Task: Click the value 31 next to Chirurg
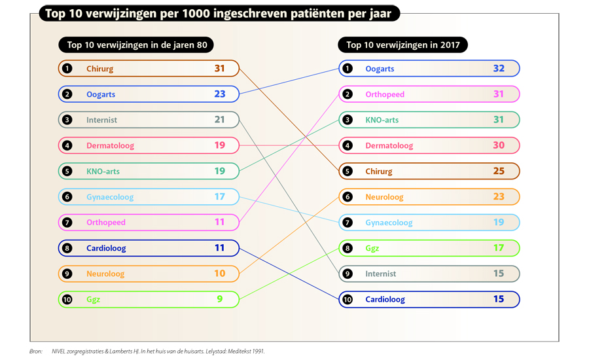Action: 219,69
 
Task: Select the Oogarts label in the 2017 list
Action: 380,69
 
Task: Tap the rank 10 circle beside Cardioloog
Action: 348,300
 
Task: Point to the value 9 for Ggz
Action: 220,300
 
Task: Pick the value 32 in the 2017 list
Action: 499,69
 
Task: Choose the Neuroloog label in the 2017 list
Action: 384,197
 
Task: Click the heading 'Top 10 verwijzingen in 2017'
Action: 402,45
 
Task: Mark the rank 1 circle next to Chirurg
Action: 67,69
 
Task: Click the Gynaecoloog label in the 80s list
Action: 110,197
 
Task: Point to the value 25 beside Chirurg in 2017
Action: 499,171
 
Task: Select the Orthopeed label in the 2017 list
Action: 385,94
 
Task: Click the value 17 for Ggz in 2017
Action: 499,248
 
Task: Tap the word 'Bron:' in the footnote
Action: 36,351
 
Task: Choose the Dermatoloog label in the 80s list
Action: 110,146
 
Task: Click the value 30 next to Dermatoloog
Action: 499,146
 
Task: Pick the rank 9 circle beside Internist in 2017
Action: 348,274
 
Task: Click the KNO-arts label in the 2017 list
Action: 382,120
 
